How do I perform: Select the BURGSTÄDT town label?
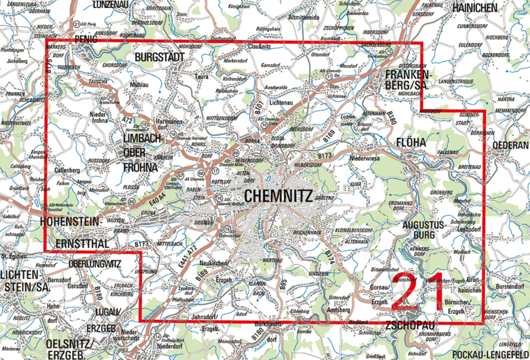(160, 57)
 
